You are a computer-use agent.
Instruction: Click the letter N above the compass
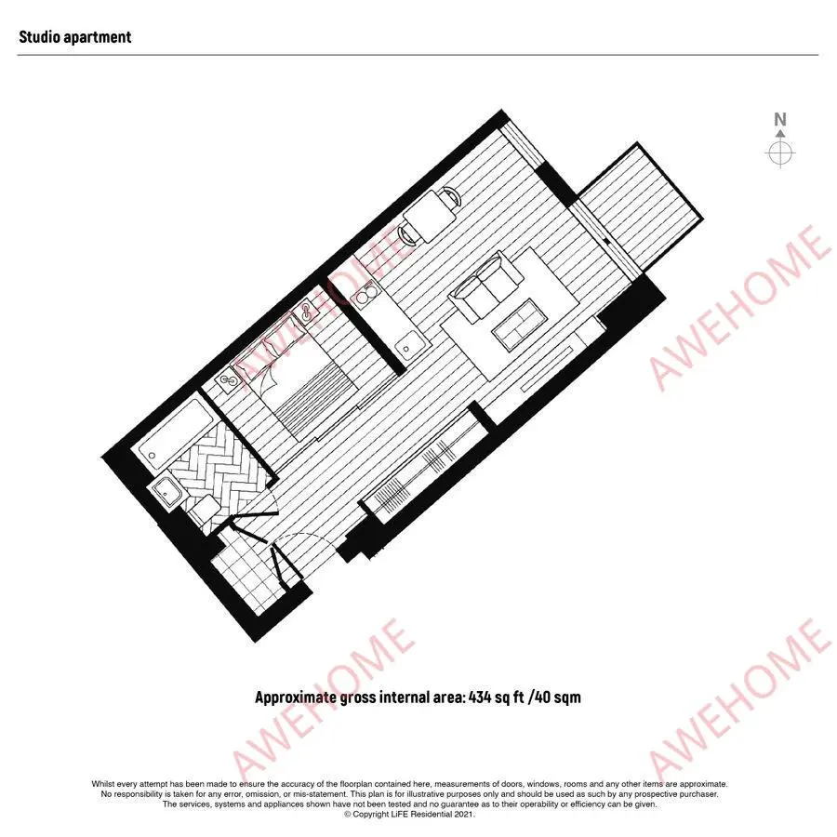(x=780, y=119)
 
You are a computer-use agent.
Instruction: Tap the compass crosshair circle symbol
(x=780, y=153)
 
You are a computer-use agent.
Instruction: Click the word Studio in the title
(x=39, y=37)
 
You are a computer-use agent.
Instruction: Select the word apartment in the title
(x=98, y=37)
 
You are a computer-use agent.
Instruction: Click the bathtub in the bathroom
(x=170, y=435)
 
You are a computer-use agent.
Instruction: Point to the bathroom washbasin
(x=167, y=493)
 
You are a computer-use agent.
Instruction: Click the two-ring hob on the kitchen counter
(x=365, y=293)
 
